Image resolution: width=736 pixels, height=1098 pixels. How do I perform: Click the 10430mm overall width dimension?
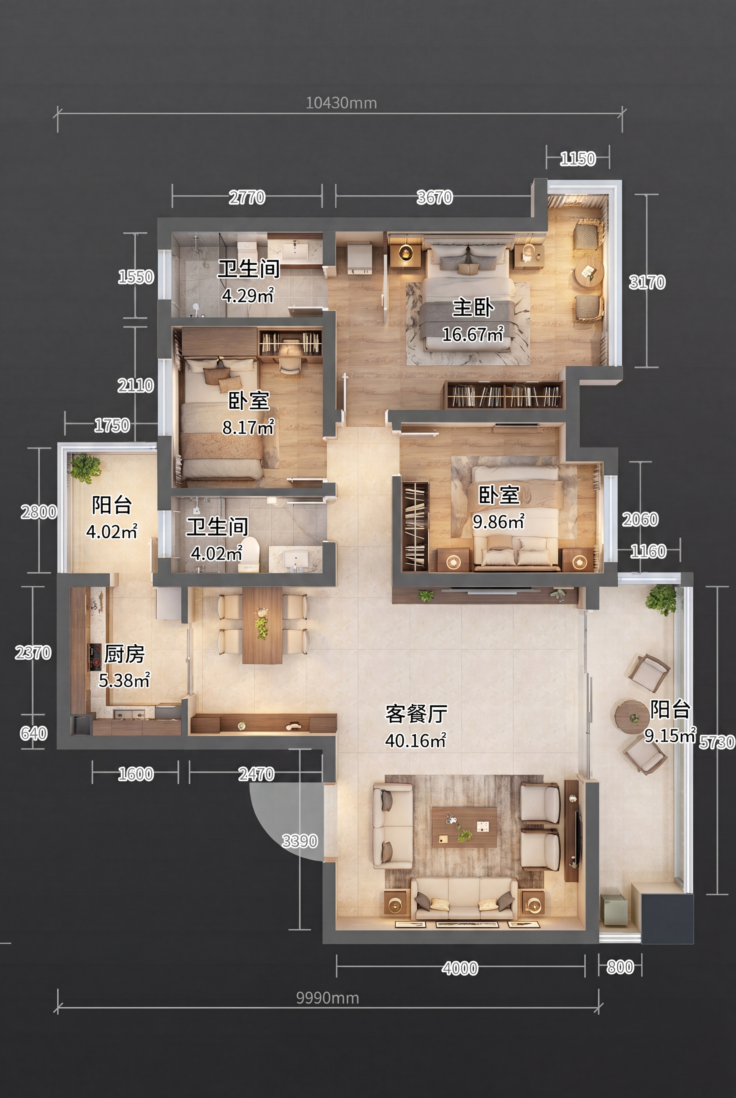(341, 103)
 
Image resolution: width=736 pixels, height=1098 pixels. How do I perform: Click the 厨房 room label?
(124, 654)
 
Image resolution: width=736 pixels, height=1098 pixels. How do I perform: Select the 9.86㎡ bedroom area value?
(499, 521)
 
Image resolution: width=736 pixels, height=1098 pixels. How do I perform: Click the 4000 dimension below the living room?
(460, 968)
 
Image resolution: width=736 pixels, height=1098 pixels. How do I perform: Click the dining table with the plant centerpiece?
(262, 625)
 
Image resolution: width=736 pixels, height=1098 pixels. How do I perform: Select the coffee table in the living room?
(464, 827)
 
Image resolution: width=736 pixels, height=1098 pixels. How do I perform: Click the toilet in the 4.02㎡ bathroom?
(249, 554)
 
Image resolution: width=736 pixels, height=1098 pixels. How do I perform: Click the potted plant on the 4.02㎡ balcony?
(85, 467)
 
